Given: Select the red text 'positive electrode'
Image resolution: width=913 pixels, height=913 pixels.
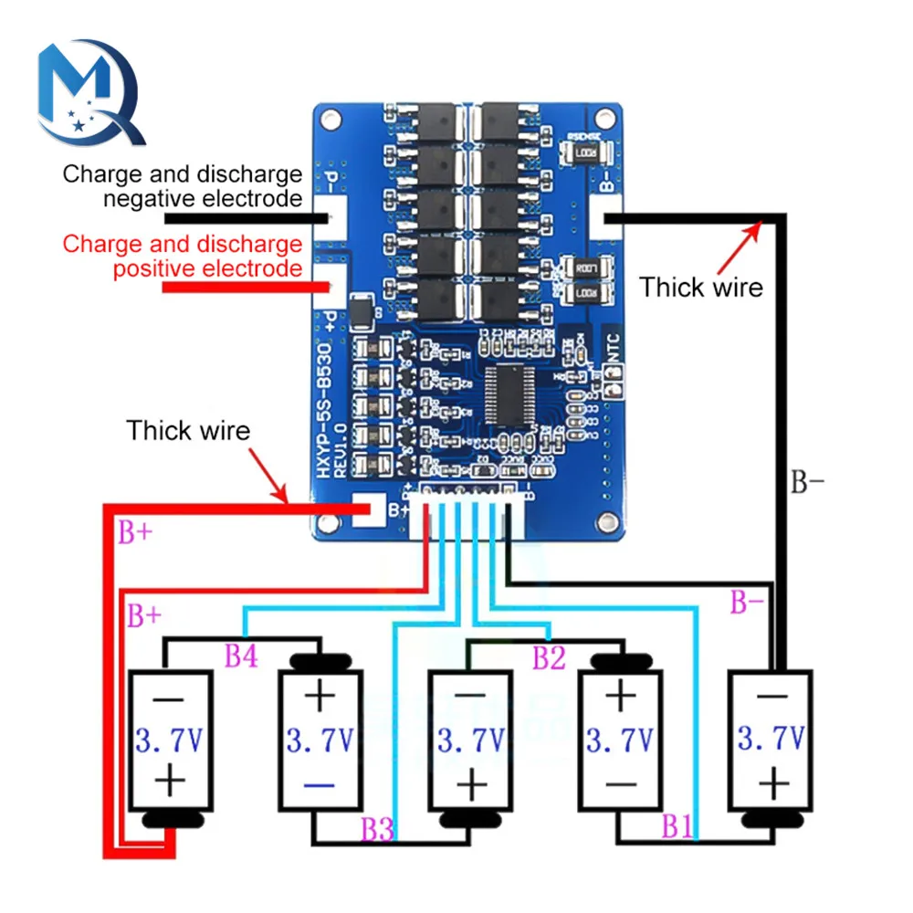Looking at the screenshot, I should pos(206,268).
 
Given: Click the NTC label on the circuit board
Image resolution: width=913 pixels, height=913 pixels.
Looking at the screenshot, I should pos(614,345).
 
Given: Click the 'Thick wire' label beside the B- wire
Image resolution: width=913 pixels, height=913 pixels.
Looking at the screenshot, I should pos(700,287).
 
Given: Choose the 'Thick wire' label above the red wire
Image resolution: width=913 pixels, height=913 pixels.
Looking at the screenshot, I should pos(188,430).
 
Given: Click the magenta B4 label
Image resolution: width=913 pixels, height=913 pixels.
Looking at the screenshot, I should pos(242,656).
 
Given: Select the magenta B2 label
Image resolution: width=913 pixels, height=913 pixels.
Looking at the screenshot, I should pos(549,656).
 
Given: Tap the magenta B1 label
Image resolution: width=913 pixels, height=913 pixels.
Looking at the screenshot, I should pos(677,828).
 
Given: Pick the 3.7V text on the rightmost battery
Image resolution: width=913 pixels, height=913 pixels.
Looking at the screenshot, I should pos(771,738).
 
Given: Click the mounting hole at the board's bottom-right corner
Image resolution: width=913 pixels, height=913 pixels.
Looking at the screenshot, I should pos(603,521).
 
